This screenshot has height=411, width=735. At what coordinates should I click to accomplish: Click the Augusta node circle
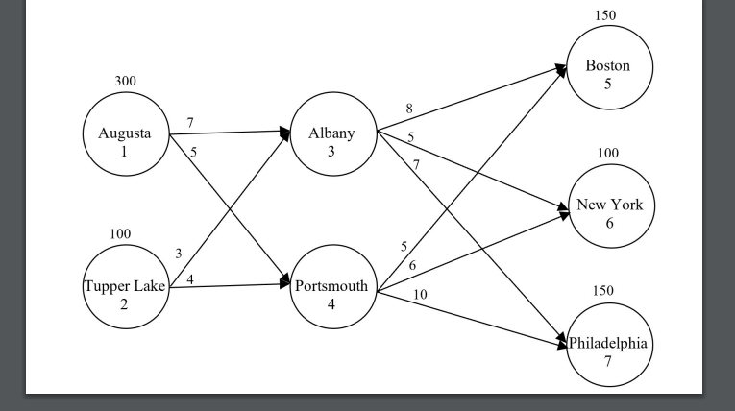pos(125,141)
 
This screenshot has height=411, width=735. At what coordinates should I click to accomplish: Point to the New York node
pos(609,205)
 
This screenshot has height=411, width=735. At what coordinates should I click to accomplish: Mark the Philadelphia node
pos(609,343)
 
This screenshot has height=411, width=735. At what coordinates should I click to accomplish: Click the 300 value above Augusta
pos(125,81)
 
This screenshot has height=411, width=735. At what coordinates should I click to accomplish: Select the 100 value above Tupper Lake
pos(121,234)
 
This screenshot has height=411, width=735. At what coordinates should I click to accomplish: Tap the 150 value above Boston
pos(605,14)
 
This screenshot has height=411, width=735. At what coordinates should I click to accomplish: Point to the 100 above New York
pos(608,154)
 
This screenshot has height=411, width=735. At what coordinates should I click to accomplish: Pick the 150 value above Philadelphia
pos(602,291)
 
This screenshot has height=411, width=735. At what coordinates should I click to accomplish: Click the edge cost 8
pos(409,109)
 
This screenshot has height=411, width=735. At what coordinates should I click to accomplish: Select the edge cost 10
pos(420,294)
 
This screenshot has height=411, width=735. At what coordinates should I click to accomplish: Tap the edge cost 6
pos(413,265)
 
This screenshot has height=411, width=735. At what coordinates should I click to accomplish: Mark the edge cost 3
pos(178,254)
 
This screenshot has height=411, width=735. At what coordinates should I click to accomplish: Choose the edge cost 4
pos(190,279)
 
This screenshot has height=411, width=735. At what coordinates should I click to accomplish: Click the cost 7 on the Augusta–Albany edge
pos(190,124)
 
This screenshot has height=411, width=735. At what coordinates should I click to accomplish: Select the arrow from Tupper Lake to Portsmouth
pos(231,284)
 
